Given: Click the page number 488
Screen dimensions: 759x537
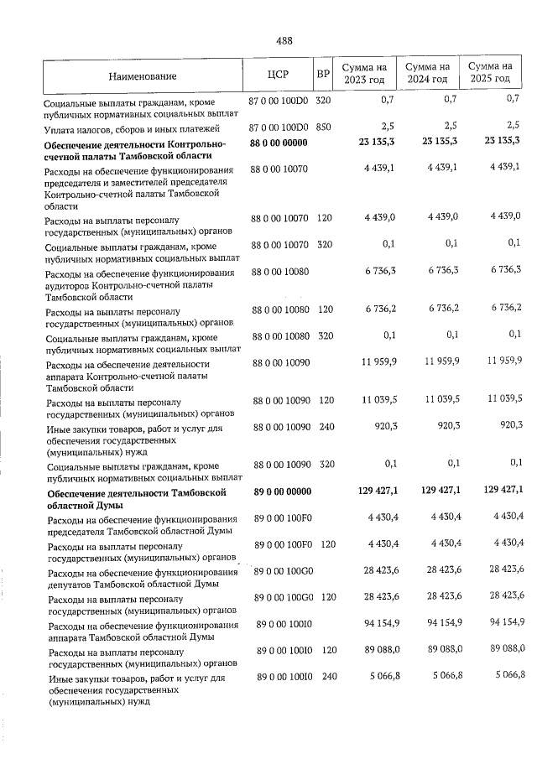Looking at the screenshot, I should (283, 40).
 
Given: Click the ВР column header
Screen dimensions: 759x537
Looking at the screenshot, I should (322, 74).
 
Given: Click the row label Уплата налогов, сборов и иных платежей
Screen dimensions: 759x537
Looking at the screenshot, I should (132, 129).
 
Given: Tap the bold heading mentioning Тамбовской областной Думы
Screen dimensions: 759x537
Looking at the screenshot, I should (138, 499).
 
